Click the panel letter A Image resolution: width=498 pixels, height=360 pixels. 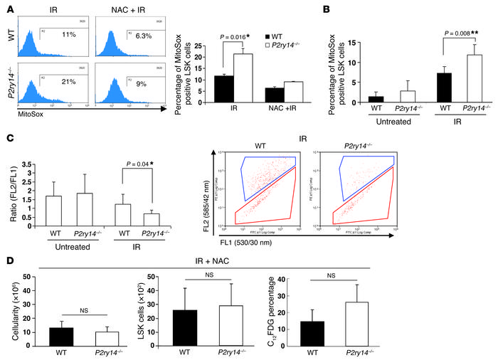[x=6, y=8]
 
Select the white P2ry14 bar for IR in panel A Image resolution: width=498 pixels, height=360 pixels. [x=245, y=78]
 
